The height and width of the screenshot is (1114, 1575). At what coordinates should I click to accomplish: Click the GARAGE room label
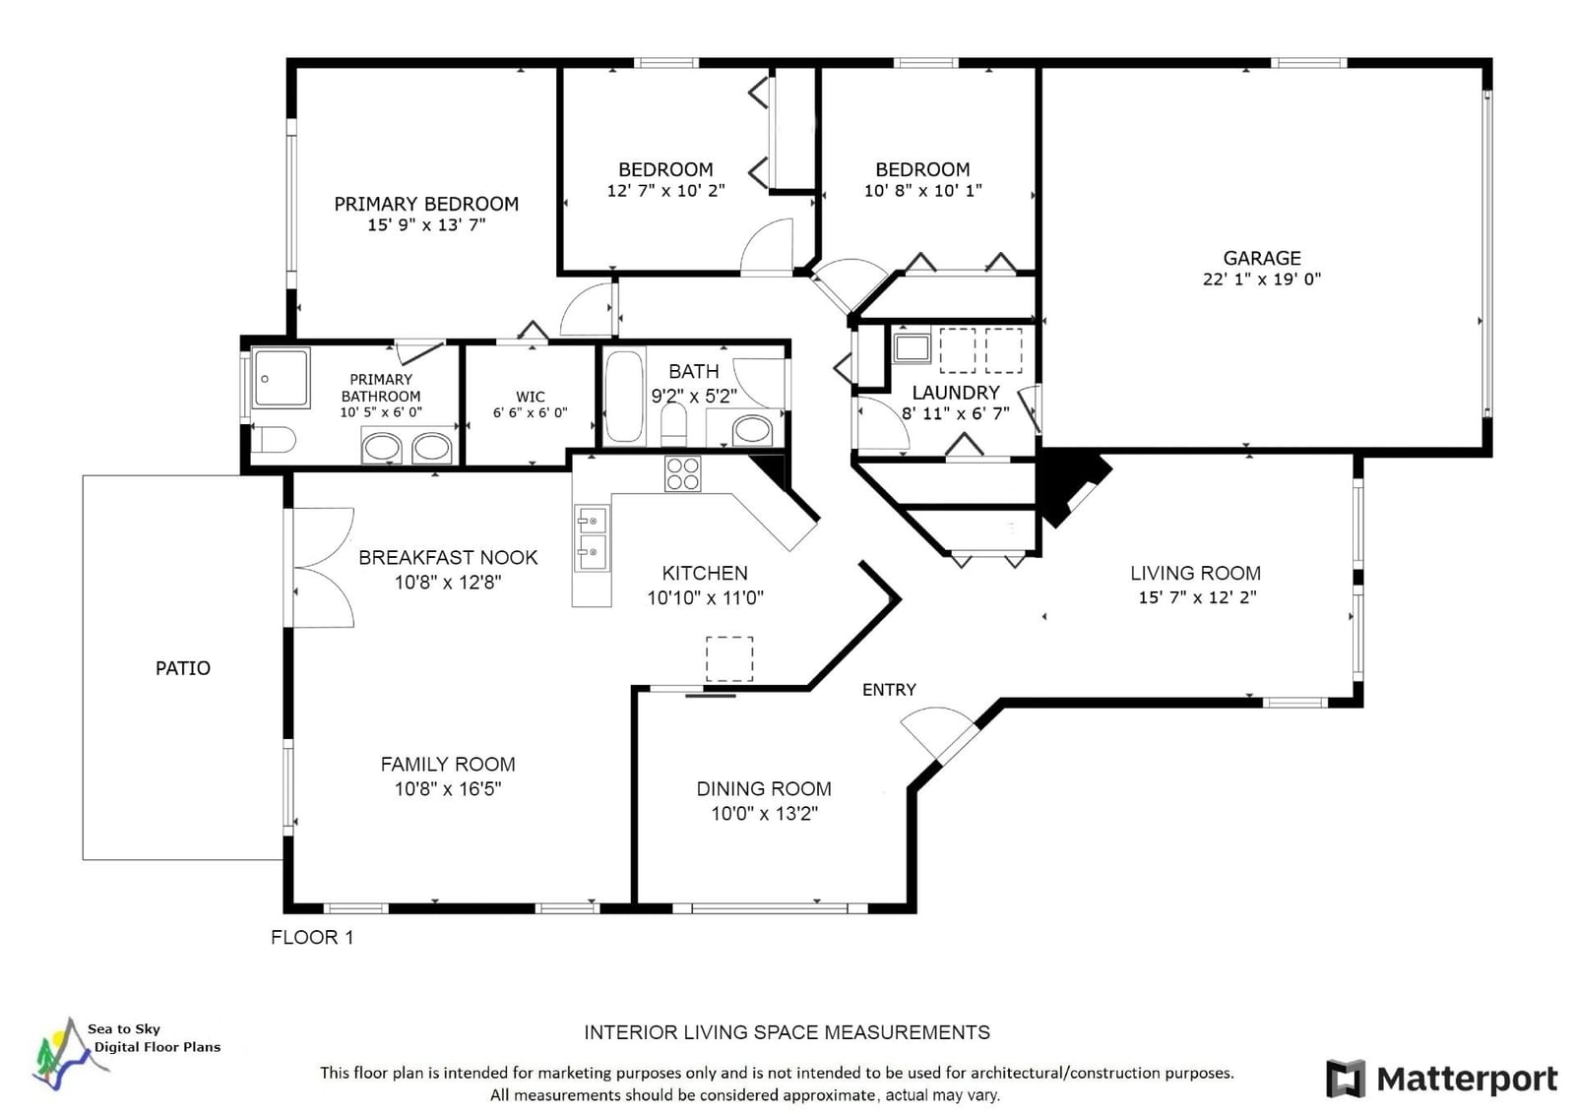pyautogui.click(x=1261, y=258)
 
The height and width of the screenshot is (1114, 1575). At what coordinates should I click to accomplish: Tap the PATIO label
pyautogui.click(x=183, y=667)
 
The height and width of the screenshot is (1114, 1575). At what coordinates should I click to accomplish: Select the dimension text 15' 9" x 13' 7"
pyautogui.click(x=426, y=225)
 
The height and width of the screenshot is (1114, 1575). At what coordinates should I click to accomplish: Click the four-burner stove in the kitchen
pyautogui.click(x=682, y=473)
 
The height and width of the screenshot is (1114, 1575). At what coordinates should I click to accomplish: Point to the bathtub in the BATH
pyautogui.click(x=624, y=398)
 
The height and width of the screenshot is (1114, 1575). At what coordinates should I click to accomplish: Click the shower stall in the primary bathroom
pyautogui.click(x=282, y=378)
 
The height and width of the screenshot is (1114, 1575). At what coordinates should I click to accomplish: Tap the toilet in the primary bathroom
pyautogui.click(x=275, y=441)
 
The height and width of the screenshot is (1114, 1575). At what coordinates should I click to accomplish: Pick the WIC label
pyautogui.click(x=531, y=397)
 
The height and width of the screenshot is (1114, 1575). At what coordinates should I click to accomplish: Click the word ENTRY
pyautogui.click(x=889, y=690)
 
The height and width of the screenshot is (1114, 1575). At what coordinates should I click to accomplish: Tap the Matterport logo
pyautogui.click(x=1441, y=1079)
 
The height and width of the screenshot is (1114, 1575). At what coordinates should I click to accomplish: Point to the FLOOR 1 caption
pyautogui.click(x=312, y=937)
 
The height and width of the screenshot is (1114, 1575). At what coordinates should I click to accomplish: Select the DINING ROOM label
pyautogui.click(x=764, y=788)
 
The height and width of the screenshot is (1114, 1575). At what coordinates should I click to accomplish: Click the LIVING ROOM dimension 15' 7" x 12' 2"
pyautogui.click(x=1197, y=597)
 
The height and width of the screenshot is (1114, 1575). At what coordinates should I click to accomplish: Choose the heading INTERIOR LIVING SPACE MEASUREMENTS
pyautogui.click(x=787, y=1032)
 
